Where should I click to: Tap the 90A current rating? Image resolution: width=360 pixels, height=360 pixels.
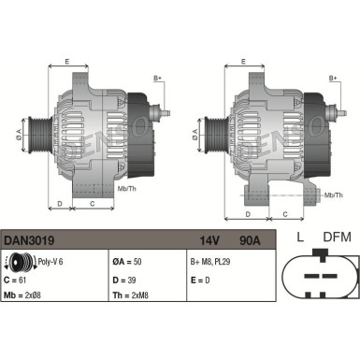250,240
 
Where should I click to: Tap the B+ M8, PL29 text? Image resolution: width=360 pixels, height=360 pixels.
211,263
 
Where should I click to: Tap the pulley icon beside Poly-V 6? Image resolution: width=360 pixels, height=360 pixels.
16,263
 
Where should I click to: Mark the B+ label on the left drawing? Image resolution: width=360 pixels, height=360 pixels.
157,79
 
